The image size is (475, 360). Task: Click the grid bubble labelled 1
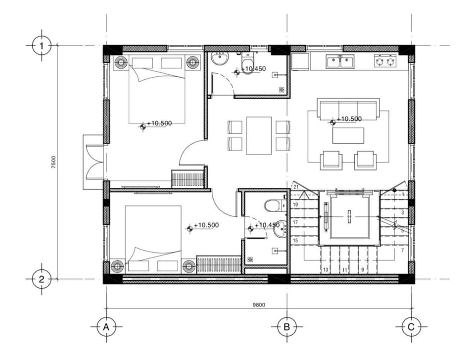(x=42, y=46)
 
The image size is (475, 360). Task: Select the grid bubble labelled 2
(x=42, y=279)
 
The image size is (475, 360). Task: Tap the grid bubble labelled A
(x=106, y=327)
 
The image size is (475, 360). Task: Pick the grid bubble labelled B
(x=287, y=327)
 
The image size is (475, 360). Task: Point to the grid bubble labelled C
(x=411, y=327)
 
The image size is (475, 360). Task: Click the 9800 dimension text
(x=259, y=305)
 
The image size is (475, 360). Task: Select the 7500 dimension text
(x=53, y=162)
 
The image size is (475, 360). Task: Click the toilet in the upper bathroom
(x=248, y=63)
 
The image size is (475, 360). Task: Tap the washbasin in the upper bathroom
(x=220, y=58)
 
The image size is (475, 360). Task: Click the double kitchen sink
(x=340, y=61)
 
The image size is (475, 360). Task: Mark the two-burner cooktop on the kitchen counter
(x=385, y=60)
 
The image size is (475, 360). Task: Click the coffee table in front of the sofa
(x=348, y=136)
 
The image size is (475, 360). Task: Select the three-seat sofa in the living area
(x=348, y=108)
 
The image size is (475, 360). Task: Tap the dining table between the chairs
(x=259, y=136)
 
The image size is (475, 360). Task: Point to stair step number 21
(x=296, y=187)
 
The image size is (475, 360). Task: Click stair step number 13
(x=326, y=269)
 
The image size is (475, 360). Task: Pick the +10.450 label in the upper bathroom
(x=253, y=69)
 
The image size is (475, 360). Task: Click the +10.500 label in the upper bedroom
(x=159, y=123)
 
